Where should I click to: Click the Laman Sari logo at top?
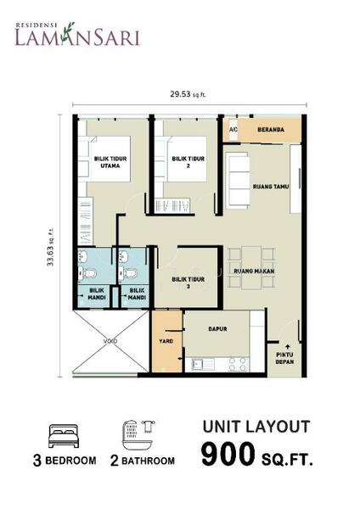coord(77,34)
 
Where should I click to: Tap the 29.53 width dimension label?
coord(188,94)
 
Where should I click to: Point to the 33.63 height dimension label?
coord(50,248)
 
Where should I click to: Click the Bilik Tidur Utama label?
coord(110,162)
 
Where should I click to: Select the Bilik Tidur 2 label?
coord(188,162)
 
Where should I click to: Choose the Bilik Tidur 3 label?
coord(188,282)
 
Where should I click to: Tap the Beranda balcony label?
coord(271,130)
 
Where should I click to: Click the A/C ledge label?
coord(233,130)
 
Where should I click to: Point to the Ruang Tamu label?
coord(271,187)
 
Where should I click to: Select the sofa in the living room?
coord(238,180)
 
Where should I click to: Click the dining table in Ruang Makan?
coord(251,268)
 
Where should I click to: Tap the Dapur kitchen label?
coord(217,329)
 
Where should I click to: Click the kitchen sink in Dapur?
coord(202,364)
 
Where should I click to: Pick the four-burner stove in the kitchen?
coord(238,364)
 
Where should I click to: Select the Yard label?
coord(166,341)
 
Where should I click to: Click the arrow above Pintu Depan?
coord(287,346)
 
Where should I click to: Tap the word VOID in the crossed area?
coord(110,341)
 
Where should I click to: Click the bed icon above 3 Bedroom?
coord(64,436)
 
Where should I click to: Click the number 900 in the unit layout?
coord(228,454)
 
